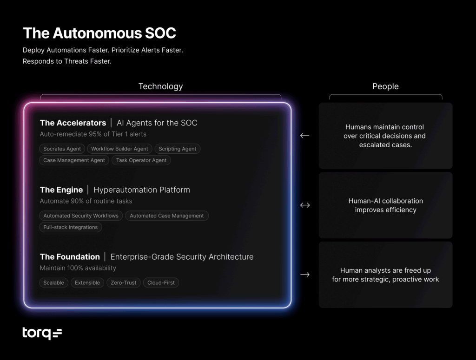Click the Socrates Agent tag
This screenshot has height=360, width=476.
pyautogui.click(x=62, y=149)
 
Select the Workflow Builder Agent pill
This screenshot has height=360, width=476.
pyautogui.click(x=119, y=149)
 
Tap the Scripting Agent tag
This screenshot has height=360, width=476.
pyautogui.click(x=177, y=149)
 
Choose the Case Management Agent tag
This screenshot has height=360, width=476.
pyautogui.click(x=74, y=160)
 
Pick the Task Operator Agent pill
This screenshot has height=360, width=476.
pyautogui.click(x=141, y=160)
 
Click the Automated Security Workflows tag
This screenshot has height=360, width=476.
pyautogui.click(x=81, y=216)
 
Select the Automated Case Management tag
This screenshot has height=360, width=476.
pyautogui.click(x=166, y=216)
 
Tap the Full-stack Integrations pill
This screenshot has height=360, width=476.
pyautogui.click(x=71, y=227)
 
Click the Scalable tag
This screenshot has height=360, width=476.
pyautogui.click(x=54, y=282)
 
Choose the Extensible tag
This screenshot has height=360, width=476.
pyautogui.click(x=87, y=282)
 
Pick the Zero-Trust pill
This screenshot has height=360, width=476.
pyautogui.click(x=123, y=282)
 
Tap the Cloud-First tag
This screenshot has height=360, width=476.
pyautogui.click(x=161, y=282)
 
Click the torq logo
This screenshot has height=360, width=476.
pyautogui.click(x=42, y=333)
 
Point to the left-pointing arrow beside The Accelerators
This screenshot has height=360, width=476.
pyautogui.click(x=304, y=136)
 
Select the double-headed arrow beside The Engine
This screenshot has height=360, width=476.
pyautogui.click(x=305, y=205)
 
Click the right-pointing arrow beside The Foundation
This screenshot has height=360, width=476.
pyautogui.click(x=304, y=275)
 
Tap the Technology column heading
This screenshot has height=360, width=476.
pyautogui.click(x=160, y=86)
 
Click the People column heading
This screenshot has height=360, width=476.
pyautogui.click(x=385, y=86)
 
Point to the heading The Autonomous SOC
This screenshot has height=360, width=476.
pyautogui.click(x=99, y=33)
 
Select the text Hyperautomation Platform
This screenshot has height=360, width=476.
pyautogui.click(x=142, y=190)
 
